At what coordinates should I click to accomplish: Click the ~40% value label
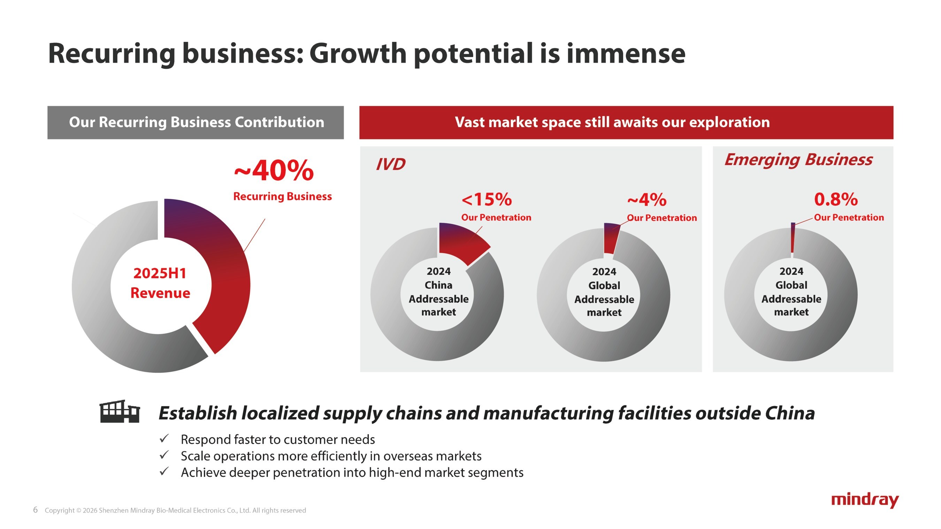274,171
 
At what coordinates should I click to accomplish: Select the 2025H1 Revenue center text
160,283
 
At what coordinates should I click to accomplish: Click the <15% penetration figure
487,199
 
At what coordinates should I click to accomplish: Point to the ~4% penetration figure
647,199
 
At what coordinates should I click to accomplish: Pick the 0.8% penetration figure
836,199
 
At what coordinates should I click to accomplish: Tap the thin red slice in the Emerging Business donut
793,237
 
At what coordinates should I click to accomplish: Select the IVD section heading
390,164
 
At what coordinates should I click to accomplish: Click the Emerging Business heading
798,160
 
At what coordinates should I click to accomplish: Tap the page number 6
36,509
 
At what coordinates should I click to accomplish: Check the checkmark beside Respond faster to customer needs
164,438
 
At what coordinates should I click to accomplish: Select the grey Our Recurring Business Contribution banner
196,122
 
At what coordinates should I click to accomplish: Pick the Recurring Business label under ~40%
282,196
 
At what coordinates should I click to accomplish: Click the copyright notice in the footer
175,511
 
